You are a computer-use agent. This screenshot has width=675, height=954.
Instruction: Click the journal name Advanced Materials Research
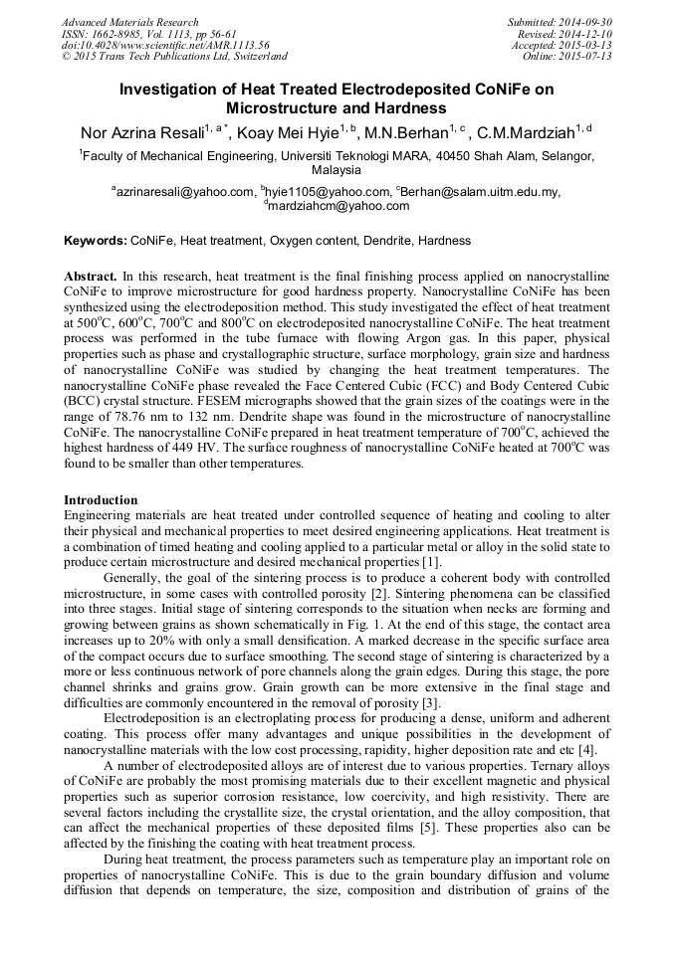[130, 22]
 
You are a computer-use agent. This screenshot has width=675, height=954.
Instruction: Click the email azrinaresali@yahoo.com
[184, 191]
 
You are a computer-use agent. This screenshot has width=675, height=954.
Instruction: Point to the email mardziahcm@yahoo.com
[338, 206]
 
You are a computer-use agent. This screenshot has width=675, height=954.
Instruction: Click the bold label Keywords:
[96, 241]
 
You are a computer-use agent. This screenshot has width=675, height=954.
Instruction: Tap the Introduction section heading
[101, 499]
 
